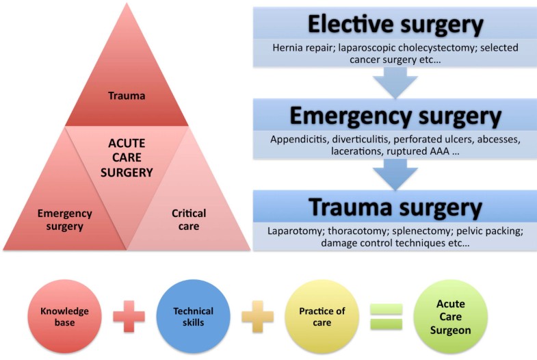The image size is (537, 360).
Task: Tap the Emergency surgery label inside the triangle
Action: [x=64, y=220]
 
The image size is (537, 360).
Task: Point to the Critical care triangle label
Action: [x=189, y=220]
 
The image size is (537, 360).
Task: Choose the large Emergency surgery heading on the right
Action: [x=395, y=116]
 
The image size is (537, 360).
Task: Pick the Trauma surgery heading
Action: [x=395, y=207]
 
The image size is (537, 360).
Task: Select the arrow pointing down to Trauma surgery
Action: [x=395, y=175]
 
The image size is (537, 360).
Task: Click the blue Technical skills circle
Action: [x=194, y=316]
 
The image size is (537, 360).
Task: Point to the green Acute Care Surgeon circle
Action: [x=455, y=316]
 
